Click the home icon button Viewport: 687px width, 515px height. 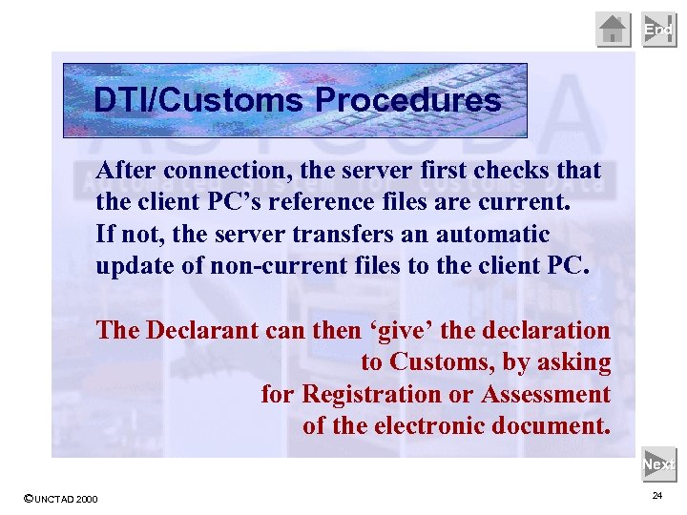614,30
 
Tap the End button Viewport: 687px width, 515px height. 658,30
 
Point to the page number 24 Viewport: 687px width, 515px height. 657,496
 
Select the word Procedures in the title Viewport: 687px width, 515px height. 407,100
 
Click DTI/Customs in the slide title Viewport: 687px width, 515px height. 200,100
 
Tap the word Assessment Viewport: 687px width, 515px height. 546,394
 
